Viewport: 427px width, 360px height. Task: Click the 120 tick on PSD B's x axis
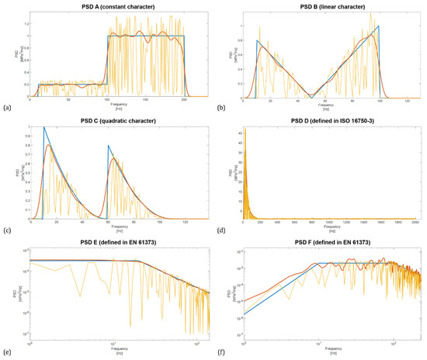coord(403,101)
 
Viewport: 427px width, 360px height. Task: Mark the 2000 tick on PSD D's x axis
coord(415,223)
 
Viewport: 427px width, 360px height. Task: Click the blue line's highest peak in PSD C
coord(44,127)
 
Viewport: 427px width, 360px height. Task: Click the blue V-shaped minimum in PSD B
coord(311,97)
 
